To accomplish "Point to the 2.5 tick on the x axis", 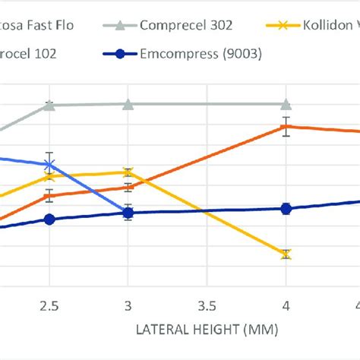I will tap(49, 306).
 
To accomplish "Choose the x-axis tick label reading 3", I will tap(128, 306).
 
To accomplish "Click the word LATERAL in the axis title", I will tap(162, 330).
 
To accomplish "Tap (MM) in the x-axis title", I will tap(262, 330).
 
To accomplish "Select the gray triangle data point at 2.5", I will tap(49, 105).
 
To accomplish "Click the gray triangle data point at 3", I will tap(128, 103).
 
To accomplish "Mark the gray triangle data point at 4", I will tap(286, 103).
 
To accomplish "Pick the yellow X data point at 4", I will tap(286, 254).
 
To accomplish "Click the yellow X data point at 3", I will tap(128, 172).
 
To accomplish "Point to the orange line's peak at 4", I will tap(286, 127).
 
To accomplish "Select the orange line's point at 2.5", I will tap(49, 196).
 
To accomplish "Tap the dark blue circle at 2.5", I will tap(49, 219).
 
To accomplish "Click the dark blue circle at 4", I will tap(286, 208).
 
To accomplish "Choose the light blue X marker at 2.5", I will tap(49, 164).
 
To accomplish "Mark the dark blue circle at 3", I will tap(128, 213).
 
